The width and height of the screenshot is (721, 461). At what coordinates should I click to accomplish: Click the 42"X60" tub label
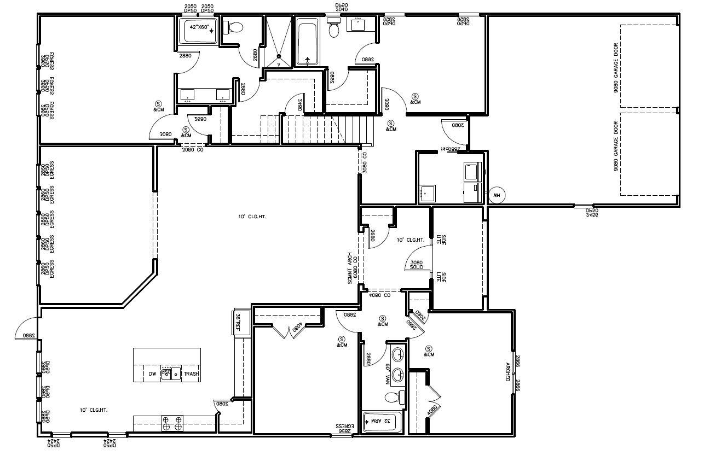click(x=199, y=26)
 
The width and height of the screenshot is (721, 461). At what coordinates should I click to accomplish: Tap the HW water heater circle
click(x=497, y=194)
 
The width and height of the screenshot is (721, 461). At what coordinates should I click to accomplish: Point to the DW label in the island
click(x=153, y=374)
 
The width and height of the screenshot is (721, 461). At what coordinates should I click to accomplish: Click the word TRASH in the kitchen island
click(x=191, y=374)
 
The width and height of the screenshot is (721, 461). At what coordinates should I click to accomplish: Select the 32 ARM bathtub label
click(x=382, y=421)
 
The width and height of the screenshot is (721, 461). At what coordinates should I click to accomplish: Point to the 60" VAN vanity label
click(x=388, y=374)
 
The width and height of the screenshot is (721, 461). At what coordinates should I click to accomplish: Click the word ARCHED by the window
click(x=507, y=372)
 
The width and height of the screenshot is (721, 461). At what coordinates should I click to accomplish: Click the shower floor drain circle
click(x=279, y=56)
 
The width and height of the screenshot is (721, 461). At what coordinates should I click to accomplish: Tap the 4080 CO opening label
click(x=379, y=295)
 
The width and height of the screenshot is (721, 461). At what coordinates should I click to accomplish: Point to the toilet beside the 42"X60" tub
click(x=234, y=28)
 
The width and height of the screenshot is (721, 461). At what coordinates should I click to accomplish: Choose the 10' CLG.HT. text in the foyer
click(x=411, y=240)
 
